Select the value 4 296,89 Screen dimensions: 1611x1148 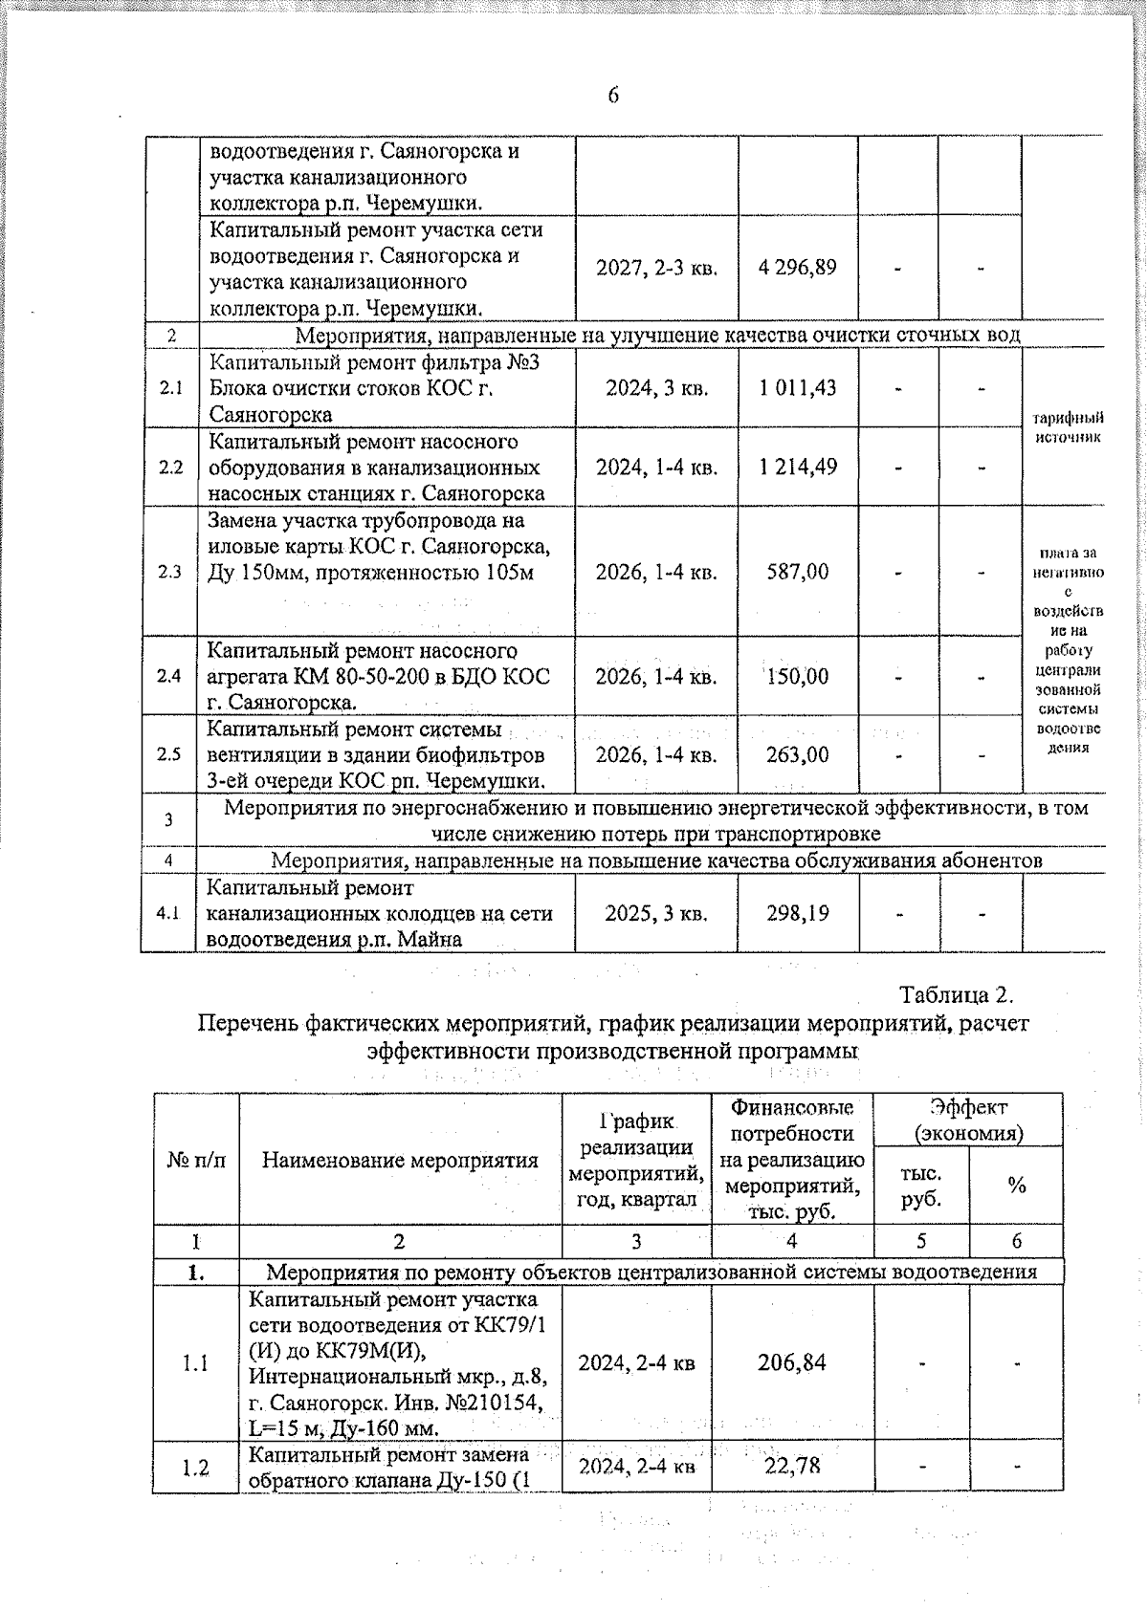tap(797, 268)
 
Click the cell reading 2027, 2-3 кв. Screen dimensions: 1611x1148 tap(656, 268)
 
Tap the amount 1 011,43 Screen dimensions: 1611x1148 tap(798, 387)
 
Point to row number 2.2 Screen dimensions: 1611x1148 tap(170, 468)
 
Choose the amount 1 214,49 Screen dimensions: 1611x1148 tap(798, 468)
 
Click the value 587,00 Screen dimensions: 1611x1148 tap(798, 572)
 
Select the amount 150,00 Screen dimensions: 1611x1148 tap(797, 676)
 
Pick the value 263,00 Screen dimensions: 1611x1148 tap(798, 754)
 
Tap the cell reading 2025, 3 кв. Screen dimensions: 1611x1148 tap(656, 913)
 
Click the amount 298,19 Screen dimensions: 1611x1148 tap(798, 913)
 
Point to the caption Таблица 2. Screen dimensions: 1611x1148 tap(956, 994)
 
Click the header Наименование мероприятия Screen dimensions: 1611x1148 tap(400, 1161)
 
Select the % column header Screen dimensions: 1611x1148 tap(1016, 1186)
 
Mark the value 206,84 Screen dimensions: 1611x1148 tap(792, 1361)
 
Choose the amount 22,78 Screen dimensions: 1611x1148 tap(792, 1465)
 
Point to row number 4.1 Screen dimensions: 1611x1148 tap(168, 913)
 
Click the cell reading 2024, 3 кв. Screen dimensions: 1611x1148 tap(656, 387)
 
